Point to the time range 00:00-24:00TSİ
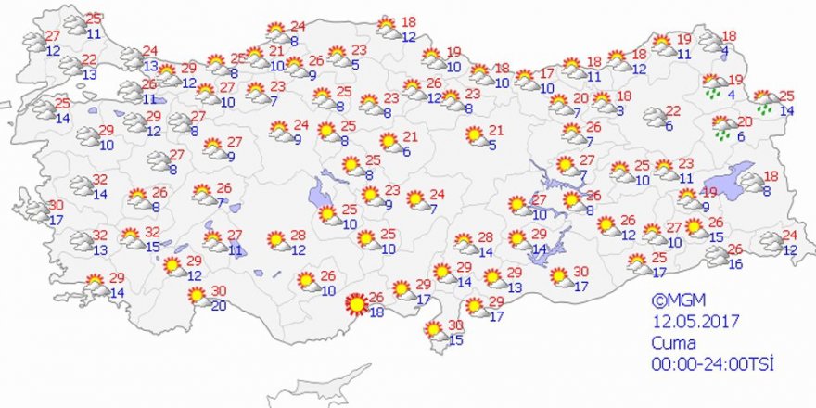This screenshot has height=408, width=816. coord(711,362)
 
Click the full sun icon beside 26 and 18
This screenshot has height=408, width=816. coord(354,304)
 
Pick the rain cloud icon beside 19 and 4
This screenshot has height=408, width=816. coord(714,86)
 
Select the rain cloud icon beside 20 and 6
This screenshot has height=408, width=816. coord(723,127)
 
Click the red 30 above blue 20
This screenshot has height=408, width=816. coord(219,290)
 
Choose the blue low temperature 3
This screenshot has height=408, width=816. coord(619,111)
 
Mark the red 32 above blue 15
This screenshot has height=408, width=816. coord(153,232)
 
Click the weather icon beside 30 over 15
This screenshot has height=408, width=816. coord(434,331)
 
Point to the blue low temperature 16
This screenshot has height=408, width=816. coord(735,264)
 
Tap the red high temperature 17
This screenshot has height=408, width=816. coord(546,73)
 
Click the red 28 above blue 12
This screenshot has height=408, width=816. coord(298,235)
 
